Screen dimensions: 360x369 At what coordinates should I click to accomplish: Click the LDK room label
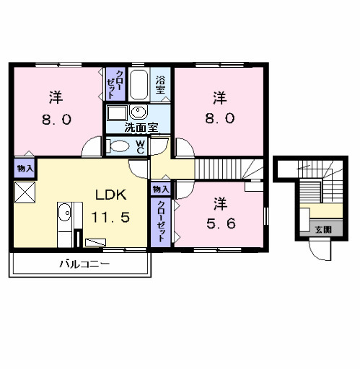click(111, 195)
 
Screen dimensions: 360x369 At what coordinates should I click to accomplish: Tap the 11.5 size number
click(110, 217)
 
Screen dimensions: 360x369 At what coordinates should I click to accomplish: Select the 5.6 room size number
click(221, 223)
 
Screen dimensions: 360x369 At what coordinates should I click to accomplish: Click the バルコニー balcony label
click(84, 264)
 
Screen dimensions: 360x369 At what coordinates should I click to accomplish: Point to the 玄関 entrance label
click(323, 230)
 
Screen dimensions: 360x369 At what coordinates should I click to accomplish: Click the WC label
click(140, 147)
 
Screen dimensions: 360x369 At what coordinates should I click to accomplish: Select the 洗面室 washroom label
click(141, 128)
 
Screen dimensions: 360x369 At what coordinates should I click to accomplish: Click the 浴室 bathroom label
click(160, 85)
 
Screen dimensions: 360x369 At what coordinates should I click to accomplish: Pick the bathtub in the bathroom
click(139, 84)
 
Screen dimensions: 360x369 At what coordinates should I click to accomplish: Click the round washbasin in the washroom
click(139, 112)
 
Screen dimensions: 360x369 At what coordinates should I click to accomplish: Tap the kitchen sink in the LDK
click(65, 212)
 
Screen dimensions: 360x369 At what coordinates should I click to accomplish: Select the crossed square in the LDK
click(25, 192)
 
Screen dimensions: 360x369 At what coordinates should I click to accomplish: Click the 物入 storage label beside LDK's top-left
click(25, 169)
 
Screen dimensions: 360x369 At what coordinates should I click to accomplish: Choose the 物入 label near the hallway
click(161, 190)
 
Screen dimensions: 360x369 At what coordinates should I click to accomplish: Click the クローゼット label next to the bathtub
click(115, 84)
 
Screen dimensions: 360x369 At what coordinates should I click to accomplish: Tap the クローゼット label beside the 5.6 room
click(161, 221)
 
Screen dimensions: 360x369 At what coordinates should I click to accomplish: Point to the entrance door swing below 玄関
click(320, 251)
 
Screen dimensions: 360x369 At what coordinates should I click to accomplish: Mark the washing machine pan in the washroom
click(117, 112)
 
